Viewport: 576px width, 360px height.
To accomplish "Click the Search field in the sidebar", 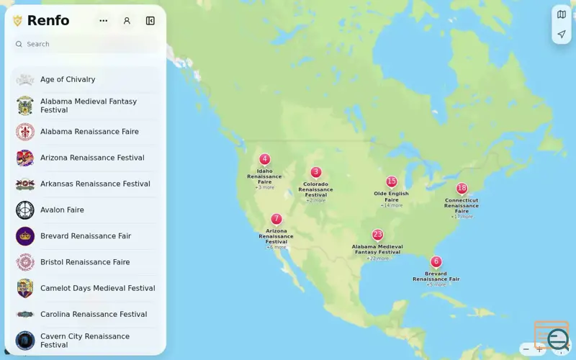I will [86, 44].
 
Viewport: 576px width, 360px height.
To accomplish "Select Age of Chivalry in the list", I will [68, 79].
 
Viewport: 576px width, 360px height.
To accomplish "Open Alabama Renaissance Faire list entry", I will [89, 132].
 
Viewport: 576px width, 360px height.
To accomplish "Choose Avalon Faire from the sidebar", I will [62, 210].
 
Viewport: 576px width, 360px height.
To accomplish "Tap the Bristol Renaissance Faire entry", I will [85, 262].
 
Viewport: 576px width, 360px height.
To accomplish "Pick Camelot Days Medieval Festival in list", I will [97, 288].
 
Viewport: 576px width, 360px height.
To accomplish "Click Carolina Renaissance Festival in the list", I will [94, 314].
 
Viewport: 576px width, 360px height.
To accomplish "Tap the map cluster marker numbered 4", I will [265, 159].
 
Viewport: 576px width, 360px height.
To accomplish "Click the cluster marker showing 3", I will [316, 172].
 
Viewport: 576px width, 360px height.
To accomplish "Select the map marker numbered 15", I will [392, 181].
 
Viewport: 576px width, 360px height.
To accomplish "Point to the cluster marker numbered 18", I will [462, 189].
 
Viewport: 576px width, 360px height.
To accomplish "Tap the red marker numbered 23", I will [377, 235].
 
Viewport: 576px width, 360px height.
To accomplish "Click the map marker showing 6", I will [436, 261].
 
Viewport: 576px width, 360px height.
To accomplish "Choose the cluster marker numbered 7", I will [276, 219].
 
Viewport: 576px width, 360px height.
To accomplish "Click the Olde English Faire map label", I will [391, 197].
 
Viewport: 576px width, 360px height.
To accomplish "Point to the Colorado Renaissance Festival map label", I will [315, 189].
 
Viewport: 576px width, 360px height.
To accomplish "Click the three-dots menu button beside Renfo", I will [104, 21].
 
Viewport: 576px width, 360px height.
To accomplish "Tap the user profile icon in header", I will [127, 21].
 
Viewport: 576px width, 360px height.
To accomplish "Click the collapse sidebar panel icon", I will [150, 21].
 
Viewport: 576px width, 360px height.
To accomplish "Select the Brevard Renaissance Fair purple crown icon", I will [25, 236].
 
